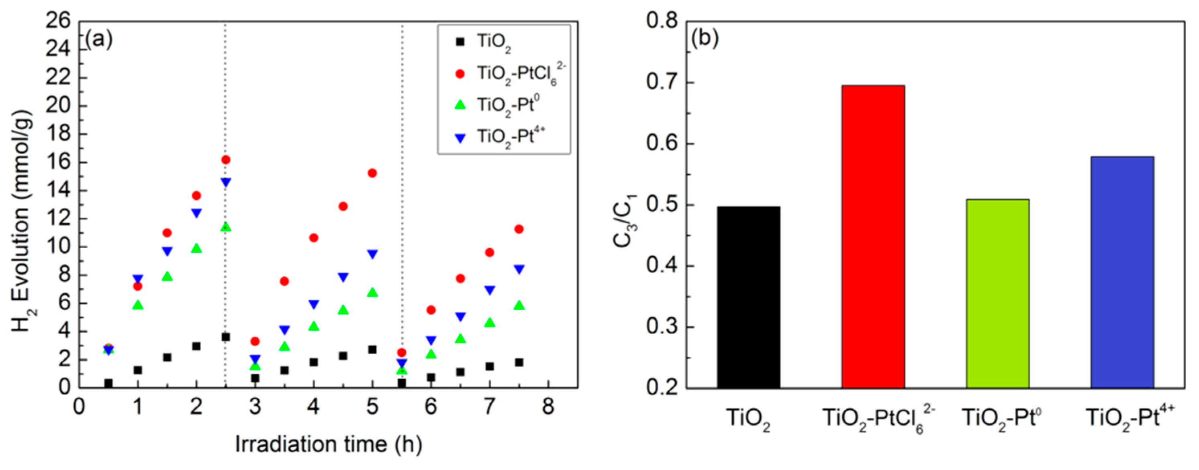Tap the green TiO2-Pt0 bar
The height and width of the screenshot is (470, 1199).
(997, 293)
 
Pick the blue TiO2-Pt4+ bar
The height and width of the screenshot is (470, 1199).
(1122, 272)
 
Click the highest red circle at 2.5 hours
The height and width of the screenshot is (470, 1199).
(226, 159)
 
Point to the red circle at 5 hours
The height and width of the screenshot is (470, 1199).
(372, 173)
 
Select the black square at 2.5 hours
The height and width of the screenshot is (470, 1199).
(226, 337)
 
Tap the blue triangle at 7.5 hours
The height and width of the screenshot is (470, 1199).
(519, 270)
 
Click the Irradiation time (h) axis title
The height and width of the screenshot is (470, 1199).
(329, 444)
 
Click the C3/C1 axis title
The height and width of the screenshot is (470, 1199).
(625, 207)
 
